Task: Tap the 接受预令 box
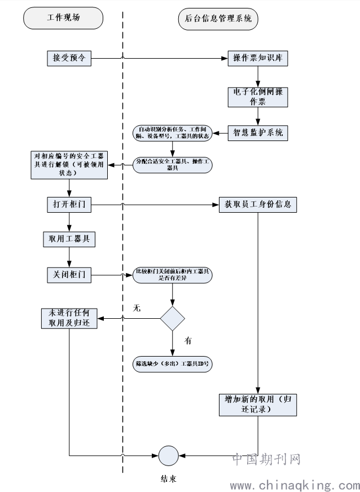[69, 58]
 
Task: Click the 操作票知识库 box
[258, 58]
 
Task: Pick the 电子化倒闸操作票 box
[258, 96]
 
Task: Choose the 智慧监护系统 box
[258, 133]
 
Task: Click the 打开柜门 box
[69, 204]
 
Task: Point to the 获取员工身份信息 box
[258, 204]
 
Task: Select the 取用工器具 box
[69, 239]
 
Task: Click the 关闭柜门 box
[69, 275]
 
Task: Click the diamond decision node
[173, 318]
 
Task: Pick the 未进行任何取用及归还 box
[69, 318]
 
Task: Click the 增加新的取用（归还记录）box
[258, 404]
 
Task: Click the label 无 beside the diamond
[136, 308]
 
